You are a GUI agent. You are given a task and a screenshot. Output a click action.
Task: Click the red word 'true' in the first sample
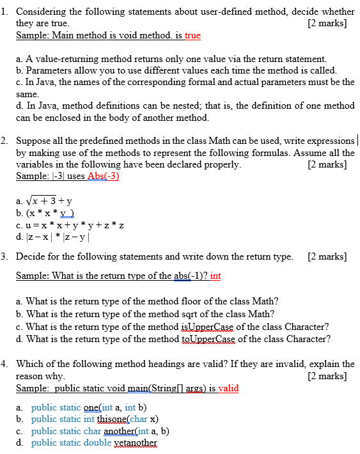[x=192, y=35]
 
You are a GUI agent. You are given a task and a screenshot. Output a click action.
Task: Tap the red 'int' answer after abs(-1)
[x=215, y=276]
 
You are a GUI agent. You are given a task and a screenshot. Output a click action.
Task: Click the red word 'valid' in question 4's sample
[x=229, y=388]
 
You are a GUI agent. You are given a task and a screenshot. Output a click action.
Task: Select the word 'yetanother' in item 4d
[x=136, y=442]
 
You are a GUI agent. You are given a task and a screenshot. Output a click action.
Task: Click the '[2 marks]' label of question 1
[x=327, y=24]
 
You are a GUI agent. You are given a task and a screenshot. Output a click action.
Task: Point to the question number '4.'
[x=4, y=364]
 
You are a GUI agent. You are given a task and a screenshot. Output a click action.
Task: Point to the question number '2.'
[x=4, y=141]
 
